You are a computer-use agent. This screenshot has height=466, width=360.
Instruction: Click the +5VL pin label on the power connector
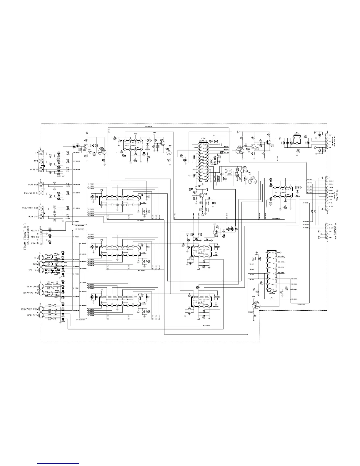(x=330, y=147)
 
